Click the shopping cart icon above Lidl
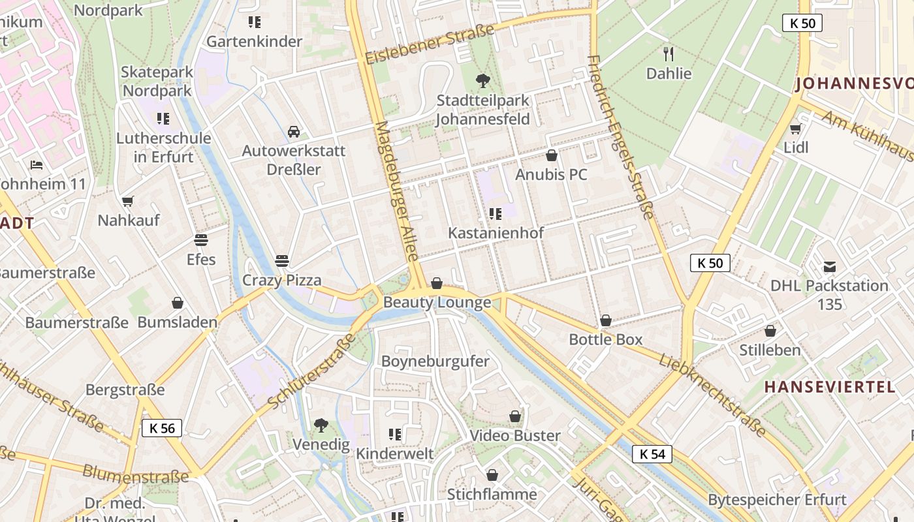coord(795,129)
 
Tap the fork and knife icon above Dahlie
coord(668,54)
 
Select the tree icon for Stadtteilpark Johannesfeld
coord(483,81)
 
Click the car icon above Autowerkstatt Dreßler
coord(294,132)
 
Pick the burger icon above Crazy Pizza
coord(282,261)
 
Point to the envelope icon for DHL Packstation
coord(829,266)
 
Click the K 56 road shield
coord(161,428)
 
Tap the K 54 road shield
coord(652,454)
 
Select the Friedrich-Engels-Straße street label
coord(620,137)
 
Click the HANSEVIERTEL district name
coord(830,387)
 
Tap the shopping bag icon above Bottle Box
coord(606,320)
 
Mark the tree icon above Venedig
coord(321,425)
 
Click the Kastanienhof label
coord(496,233)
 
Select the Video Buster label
coord(515,436)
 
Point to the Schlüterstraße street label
coord(312,372)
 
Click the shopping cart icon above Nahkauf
coord(128,201)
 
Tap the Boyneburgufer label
coord(435,361)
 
